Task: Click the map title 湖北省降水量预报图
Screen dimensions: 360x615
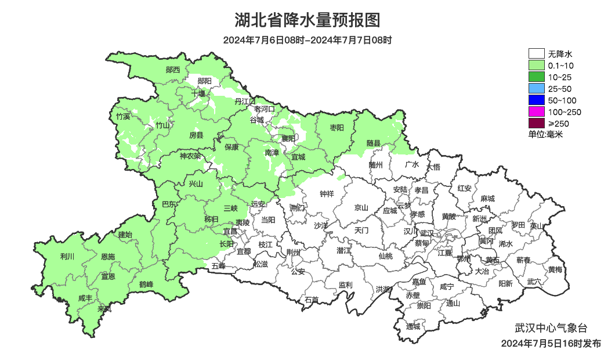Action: (x=307, y=20)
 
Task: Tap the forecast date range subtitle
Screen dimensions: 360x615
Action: (x=307, y=40)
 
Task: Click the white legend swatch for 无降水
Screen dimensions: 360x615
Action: (x=536, y=54)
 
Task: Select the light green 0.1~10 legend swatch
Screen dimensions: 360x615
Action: (x=536, y=66)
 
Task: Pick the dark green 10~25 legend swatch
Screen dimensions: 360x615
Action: (x=536, y=77)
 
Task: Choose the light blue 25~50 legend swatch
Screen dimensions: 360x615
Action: (x=536, y=89)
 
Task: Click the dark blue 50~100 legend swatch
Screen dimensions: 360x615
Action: (x=536, y=100)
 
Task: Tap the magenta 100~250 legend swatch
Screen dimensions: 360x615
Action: (x=536, y=112)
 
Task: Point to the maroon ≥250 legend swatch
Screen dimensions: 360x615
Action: (x=536, y=124)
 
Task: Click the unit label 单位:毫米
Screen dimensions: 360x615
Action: (x=545, y=135)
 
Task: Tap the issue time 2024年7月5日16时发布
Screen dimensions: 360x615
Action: (x=551, y=344)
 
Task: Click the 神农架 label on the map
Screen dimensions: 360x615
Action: (x=190, y=156)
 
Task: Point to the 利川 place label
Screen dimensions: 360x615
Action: (x=67, y=256)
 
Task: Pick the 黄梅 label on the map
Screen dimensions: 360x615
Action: (x=555, y=269)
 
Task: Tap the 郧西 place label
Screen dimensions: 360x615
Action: (x=173, y=70)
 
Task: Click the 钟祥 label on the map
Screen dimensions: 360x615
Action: (x=327, y=194)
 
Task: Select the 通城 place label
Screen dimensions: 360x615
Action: (x=413, y=326)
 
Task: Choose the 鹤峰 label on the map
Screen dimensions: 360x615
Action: (x=146, y=285)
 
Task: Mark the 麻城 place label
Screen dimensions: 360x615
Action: (x=487, y=199)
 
